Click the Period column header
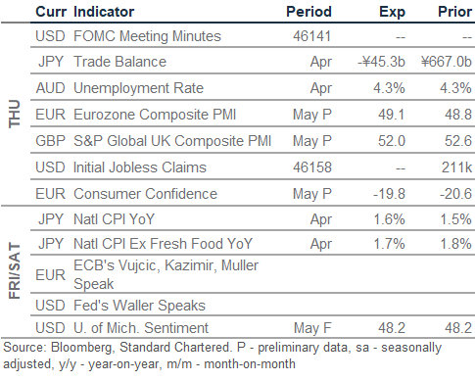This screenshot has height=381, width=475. coord(309,12)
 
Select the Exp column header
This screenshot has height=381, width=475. coord(392,13)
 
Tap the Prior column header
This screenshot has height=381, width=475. coord(454,12)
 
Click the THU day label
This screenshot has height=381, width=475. coord(15,114)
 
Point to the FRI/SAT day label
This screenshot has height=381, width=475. coord(15,271)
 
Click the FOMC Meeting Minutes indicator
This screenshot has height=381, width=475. coord(147,36)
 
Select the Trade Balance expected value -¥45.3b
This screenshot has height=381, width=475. coord(381,62)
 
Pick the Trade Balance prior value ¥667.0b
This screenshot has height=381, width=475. coord(447,62)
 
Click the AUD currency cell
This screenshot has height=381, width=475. coord(50,88)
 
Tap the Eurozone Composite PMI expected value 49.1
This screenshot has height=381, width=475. coord(392,115)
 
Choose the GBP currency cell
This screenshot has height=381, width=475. coord(50,141)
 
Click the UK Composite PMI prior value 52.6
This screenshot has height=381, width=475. coord(458,141)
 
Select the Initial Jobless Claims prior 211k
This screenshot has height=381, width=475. coord(456,167)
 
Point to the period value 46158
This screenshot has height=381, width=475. coord(312,167)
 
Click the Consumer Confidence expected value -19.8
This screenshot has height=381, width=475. coord(389,194)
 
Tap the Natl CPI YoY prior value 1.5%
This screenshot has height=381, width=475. coord(455,219)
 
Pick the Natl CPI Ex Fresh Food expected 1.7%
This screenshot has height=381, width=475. coord(389,244)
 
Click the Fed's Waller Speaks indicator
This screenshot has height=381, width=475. coord(139,306)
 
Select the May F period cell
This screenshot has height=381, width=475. coord(312,328)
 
